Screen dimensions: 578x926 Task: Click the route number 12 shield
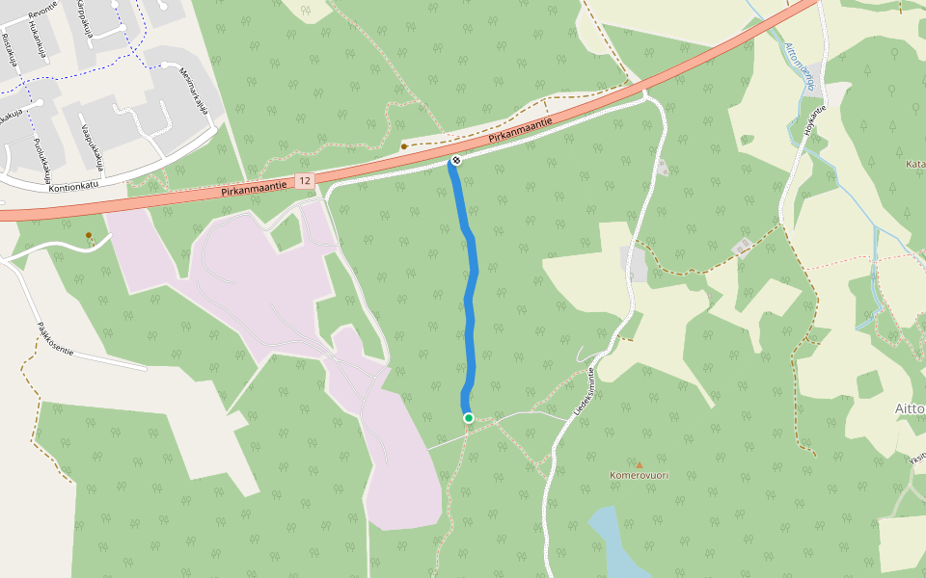pyautogui.click(x=305, y=181)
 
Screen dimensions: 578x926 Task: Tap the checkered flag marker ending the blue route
pyautogui.click(x=456, y=159)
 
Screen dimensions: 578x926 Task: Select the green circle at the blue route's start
pyautogui.click(x=469, y=417)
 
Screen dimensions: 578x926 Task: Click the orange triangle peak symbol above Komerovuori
pyautogui.click(x=639, y=464)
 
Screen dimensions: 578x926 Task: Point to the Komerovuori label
pyautogui.click(x=639, y=475)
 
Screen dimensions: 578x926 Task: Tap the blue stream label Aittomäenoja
pyautogui.click(x=800, y=66)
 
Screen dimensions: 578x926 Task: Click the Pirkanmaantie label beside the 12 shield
pyautogui.click(x=252, y=187)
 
